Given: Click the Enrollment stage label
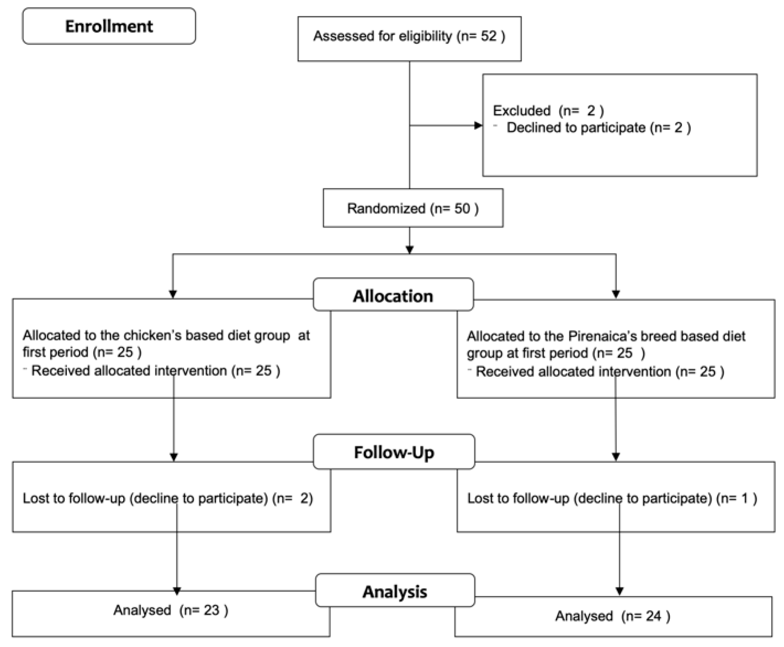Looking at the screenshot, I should click(x=109, y=26).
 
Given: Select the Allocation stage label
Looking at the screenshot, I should click(x=393, y=296).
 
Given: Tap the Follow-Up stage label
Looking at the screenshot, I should click(x=394, y=452).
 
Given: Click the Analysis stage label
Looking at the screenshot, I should click(x=395, y=591).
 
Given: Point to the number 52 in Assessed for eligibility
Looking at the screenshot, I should click(x=488, y=36).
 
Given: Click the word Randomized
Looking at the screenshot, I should click(x=386, y=209).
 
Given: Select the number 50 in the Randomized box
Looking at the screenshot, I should click(x=462, y=209).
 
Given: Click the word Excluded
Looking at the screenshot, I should click(x=521, y=111).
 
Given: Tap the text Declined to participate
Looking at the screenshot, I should click(x=576, y=128).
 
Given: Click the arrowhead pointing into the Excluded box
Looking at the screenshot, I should click(x=478, y=126).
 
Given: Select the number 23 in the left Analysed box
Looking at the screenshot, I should click(x=211, y=610).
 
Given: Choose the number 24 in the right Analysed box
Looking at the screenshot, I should click(x=653, y=616).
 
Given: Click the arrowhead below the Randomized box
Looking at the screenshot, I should click(x=410, y=250).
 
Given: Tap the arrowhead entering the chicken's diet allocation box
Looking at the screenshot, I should click(x=173, y=294).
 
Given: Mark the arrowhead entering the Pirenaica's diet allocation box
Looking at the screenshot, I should click(x=616, y=295).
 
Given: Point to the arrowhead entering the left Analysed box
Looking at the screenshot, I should click(x=177, y=591).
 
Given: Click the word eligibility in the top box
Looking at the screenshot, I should click(x=425, y=36).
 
